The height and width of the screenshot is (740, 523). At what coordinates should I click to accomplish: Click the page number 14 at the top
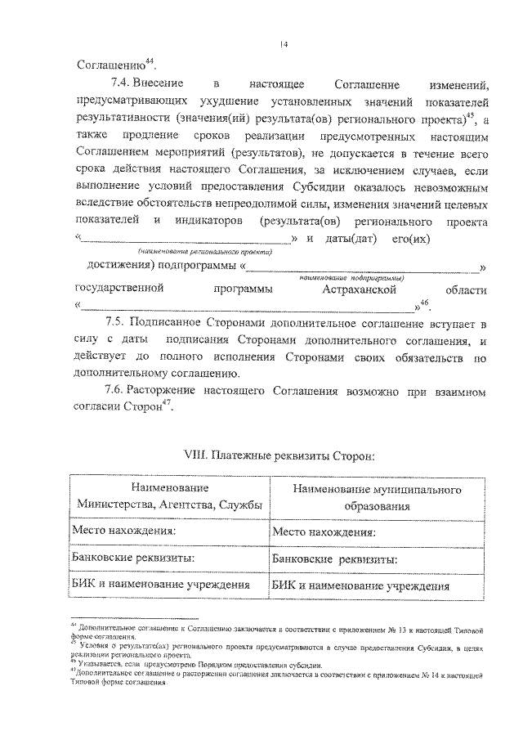coord(284,44)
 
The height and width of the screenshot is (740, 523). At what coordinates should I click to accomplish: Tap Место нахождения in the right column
coord(324,531)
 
